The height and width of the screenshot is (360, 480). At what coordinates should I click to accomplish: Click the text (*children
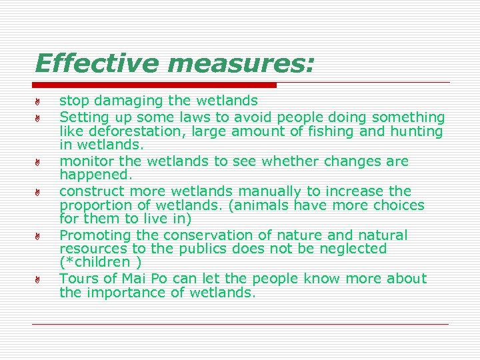pos(94,262)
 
